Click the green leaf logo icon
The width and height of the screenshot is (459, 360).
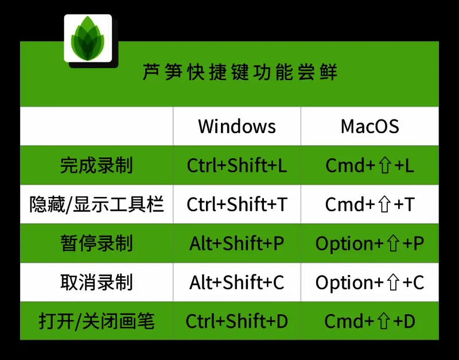pyautogui.click(x=88, y=39)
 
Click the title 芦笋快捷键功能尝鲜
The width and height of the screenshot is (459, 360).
pyautogui.click(x=240, y=73)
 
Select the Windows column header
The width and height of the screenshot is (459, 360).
pyautogui.click(x=237, y=126)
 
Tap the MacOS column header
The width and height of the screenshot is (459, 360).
pyautogui.click(x=369, y=126)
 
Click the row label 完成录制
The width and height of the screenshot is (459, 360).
pyautogui.click(x=96, y=165)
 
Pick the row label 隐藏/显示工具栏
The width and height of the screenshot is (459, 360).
pyautogui.click(x=96, y=204)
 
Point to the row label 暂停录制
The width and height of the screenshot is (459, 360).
pyautogui.click(x=96, y=243)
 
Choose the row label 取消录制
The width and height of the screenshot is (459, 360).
pyautogui.click(x=96, y=282)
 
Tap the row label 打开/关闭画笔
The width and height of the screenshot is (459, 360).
pyautogui.click(x=96, y=321)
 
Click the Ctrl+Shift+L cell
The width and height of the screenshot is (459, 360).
pyautogui.click(x=237, y=165)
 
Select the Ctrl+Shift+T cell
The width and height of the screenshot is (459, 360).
pyautogui.click(x=237, y=204)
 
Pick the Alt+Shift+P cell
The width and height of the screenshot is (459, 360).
pyautogui.click(x=237, y=243)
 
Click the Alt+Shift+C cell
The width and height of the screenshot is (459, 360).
pyautogui.click(x=237, y=282)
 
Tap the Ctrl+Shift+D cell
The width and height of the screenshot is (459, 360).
pyautogui.click(x=237, y=321)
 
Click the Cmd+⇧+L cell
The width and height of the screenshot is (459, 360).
pyautogui.click(x=369, y=165)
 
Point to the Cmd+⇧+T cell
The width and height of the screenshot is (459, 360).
pyautogui.click(x=369, y=204)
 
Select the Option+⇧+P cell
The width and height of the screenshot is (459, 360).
pyautogui.click(x=369, y=243)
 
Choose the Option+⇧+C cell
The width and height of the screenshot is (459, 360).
pyautogui.click(x=369, y=282)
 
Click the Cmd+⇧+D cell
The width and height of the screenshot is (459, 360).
pyautogui.click(x=369, y=321)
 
